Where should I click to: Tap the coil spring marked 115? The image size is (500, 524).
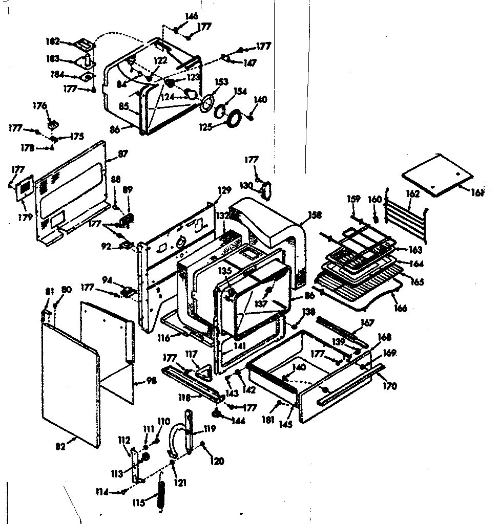point(161,495)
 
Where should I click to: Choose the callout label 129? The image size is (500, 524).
point(224,190)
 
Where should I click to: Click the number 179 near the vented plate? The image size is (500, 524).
point(25,217)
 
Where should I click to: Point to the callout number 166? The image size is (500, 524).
point(401,308)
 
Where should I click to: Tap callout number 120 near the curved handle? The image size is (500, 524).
point(217,461)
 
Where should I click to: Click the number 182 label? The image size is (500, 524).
point(53,41)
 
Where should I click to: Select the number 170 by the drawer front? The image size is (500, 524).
point(389,386)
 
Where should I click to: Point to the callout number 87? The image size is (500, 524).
point(123,154)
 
